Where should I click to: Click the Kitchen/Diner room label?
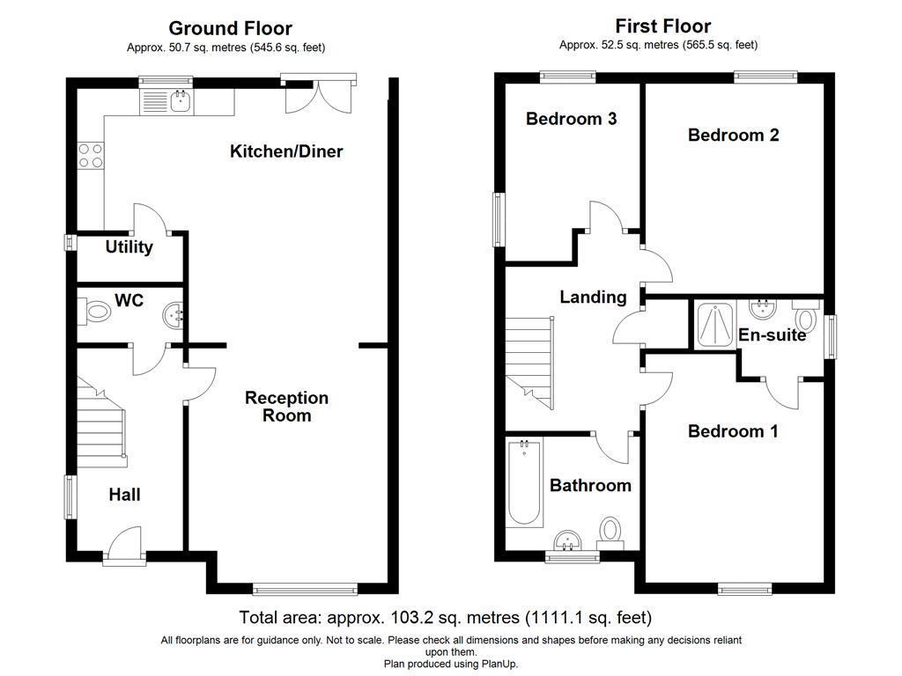click(x=286, y=151)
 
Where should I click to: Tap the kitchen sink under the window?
click(x=180, y=102)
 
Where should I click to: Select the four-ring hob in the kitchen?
click(x=90, y=156)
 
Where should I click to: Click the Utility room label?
click(x=129, y=247)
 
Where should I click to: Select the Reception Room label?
click(x=286, y=407)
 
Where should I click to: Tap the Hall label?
click(x=124, y=495)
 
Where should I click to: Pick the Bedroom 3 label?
click(x=571, y=119)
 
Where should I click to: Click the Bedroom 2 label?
click(x=734, y=135)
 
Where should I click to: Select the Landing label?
click(x=593, y=298)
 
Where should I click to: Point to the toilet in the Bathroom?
click(x=610, y=530)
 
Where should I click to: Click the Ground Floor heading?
click(x=230, y=29)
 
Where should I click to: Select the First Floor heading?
click(x=663, y=26)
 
